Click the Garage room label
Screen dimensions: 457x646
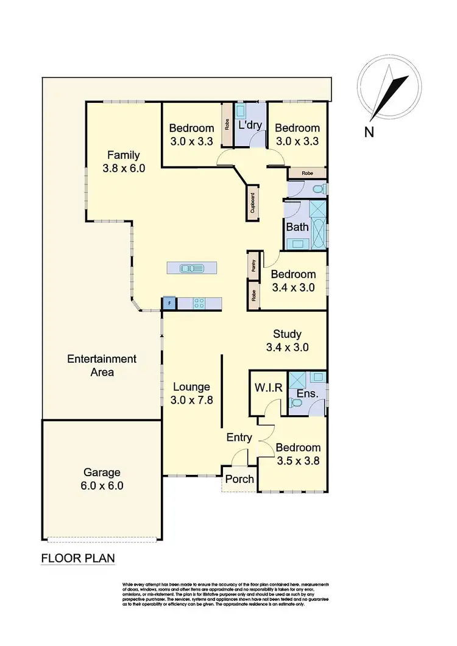103,479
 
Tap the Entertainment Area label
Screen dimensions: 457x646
101,365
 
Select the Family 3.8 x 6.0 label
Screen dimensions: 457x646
124,161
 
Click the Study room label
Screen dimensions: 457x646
288,340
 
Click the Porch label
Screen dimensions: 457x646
239,479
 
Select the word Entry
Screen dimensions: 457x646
239,437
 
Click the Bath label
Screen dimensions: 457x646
297,227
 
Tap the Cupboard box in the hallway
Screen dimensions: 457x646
252,204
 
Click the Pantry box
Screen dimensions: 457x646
252,265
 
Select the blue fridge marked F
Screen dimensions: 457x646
169,302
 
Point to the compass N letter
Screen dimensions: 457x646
368,132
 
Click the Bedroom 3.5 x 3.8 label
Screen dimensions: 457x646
297,454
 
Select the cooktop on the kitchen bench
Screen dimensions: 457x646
199,302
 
